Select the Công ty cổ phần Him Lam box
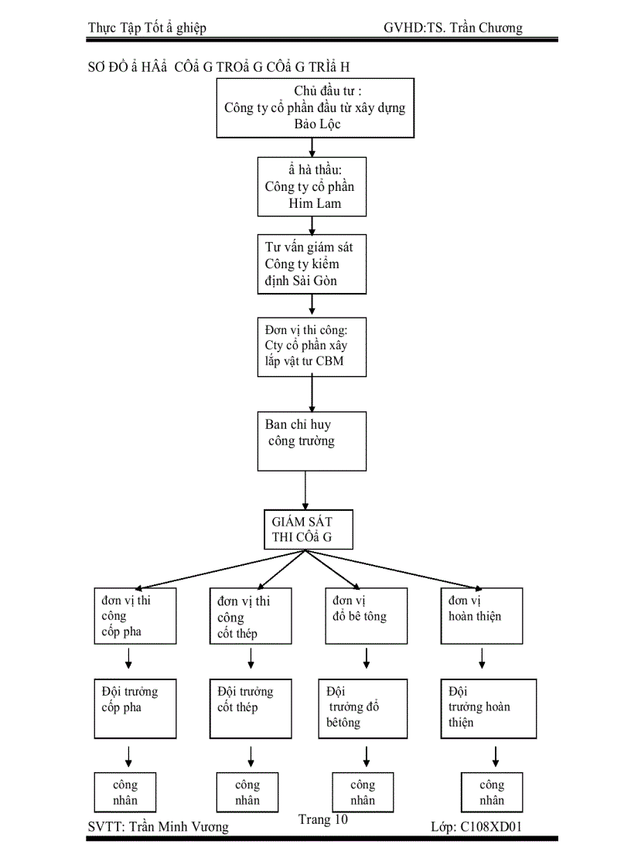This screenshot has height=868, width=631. [312, 186]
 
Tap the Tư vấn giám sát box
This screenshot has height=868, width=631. [312, 264]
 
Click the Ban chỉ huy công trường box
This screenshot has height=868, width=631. [312, 441]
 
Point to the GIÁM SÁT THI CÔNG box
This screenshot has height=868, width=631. [309, 529]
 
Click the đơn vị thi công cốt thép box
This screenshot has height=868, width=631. [251, 616]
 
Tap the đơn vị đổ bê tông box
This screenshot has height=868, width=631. [366, 615]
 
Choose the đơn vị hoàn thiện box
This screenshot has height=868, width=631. [485, 615]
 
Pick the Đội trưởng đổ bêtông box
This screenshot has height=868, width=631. [363, 707]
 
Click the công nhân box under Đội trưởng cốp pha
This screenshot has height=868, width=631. [125, 791]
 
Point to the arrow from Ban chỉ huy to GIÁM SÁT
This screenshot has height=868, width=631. [306, 490]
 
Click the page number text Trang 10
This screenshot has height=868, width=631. [323, 820]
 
